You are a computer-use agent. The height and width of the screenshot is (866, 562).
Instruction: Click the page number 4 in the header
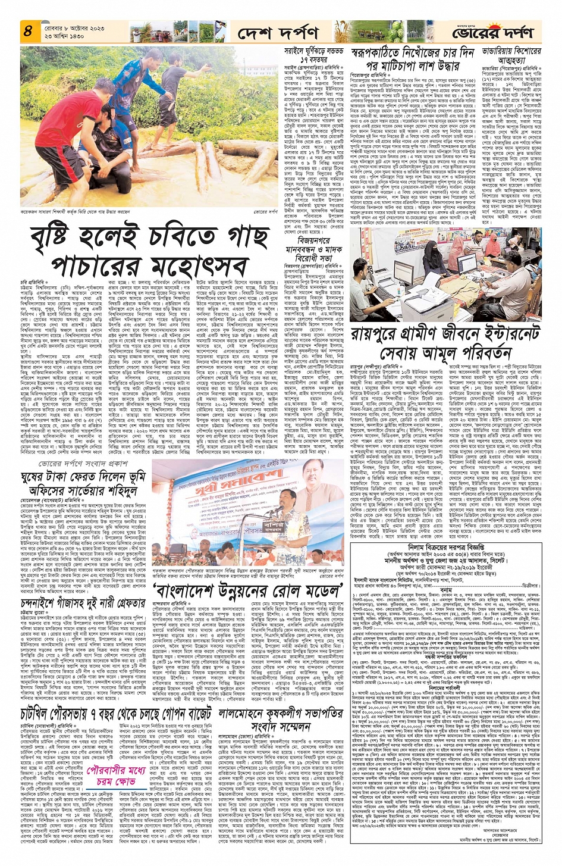[27, 32]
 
